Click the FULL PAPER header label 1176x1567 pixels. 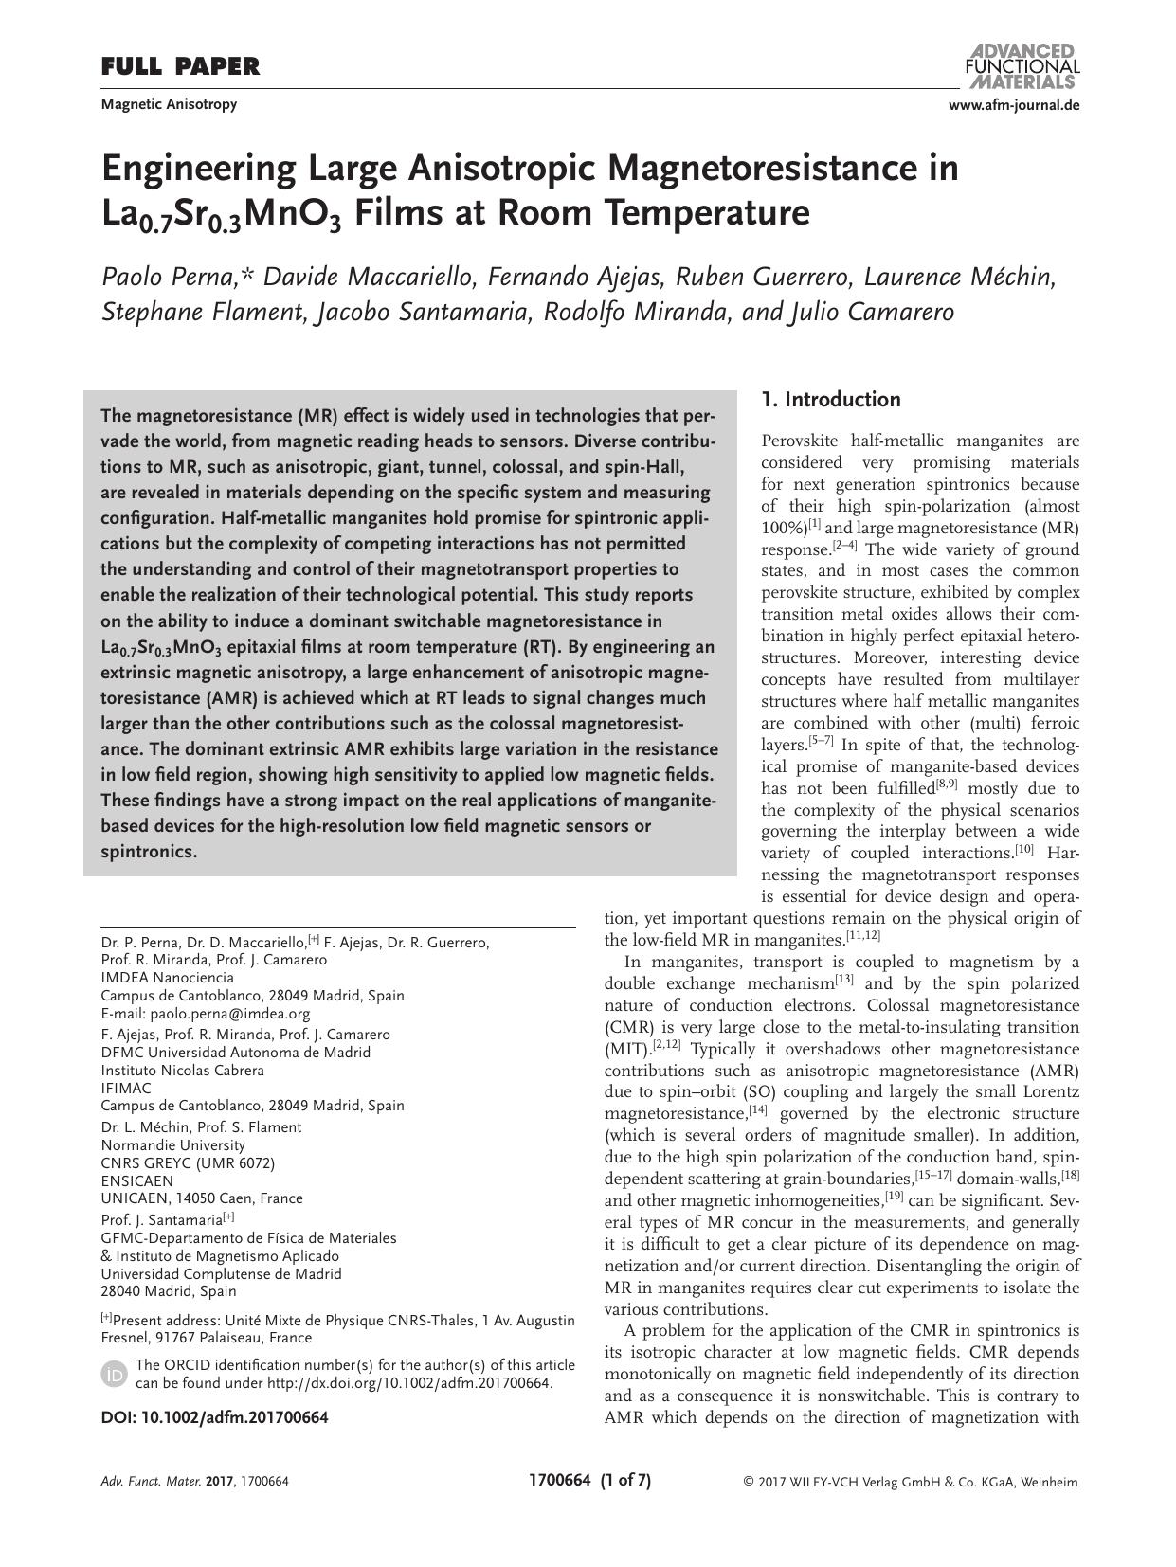179,66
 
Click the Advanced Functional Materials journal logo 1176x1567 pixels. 1022,65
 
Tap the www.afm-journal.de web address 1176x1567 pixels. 1013,105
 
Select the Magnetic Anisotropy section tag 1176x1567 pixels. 169,104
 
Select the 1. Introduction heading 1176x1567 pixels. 831,400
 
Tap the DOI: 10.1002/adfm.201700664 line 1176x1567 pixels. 214,1417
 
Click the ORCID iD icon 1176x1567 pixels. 114,1374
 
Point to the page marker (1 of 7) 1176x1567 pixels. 625,1480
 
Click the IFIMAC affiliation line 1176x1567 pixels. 126,1088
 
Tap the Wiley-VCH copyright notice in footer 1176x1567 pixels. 910,1482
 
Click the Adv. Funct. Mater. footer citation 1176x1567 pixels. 194,1482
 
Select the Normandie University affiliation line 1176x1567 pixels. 172,1144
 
